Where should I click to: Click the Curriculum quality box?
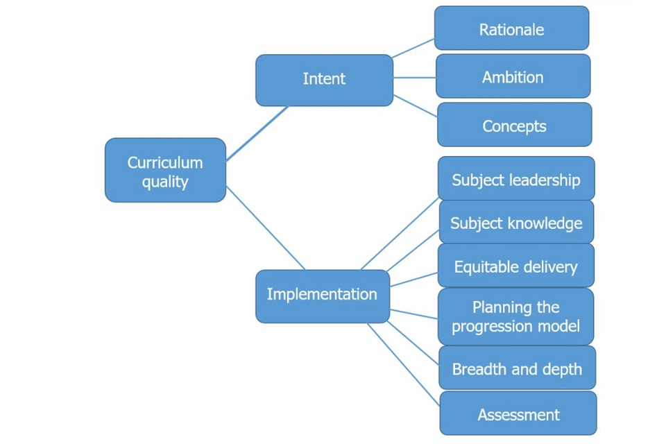point(165,171)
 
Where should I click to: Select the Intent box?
point(324,80)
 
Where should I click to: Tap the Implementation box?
point(322,296)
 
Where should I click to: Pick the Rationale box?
point(511,29)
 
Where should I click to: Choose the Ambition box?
point(513,76)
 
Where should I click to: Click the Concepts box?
point(514,126)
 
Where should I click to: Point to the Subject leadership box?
point(515,179)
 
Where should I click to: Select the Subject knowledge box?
point(516,223)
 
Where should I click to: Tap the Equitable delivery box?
point(515,266)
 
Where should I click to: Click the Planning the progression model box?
point(515,316)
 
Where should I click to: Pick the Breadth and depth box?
point(517,368)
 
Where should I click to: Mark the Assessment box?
point(518,414)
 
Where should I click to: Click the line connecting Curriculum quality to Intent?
point(257,133)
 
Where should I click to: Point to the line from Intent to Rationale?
point(413,48)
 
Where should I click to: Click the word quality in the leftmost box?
point(165,182)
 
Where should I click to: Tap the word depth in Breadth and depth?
point(561,368)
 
